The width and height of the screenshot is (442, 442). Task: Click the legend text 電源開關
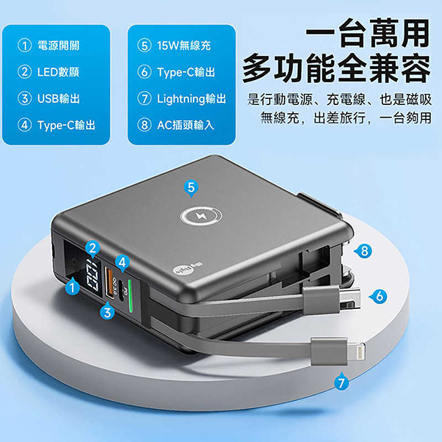tap(58, 46)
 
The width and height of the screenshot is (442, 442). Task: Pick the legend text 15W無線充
tap(183, 46)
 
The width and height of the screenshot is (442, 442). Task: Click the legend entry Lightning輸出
tap(191, 99)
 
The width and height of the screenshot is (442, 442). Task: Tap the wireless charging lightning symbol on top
tap(197, 218)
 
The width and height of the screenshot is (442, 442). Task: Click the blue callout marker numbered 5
tap(191, 188)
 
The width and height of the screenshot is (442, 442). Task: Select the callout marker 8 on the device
tap(362, 251)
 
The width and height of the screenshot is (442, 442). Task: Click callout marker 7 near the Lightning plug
tap(342, 381)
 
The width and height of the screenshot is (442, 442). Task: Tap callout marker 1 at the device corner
tap(71, 286)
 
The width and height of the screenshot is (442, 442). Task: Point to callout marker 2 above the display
tap(93, 248)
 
